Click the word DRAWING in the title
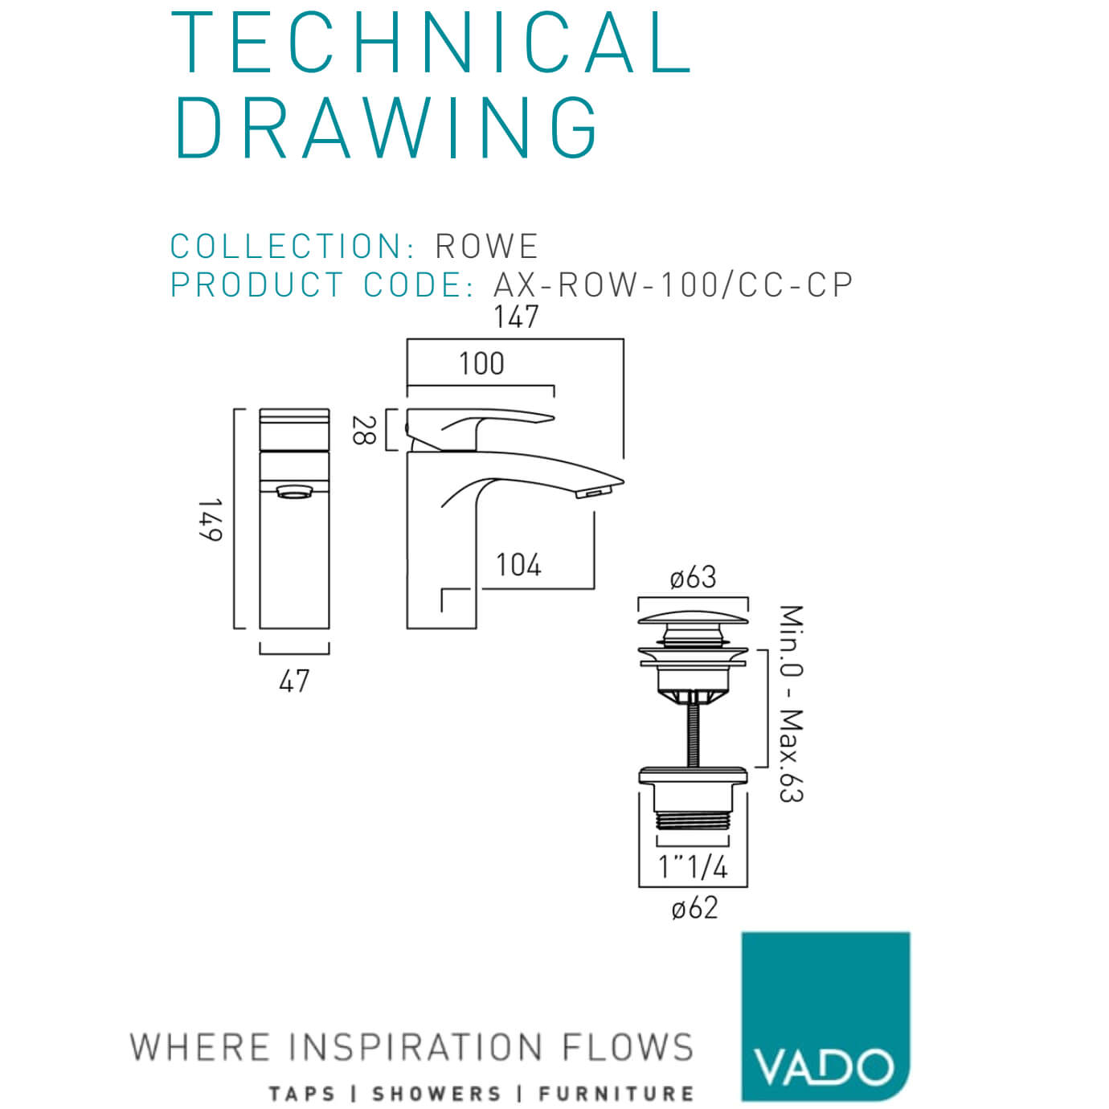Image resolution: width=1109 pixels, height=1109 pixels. point(387,127)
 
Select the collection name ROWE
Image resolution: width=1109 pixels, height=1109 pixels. point(486,247)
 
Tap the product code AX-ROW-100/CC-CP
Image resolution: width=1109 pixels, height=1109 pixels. point(673,285)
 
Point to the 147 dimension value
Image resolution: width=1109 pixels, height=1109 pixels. point(516,317)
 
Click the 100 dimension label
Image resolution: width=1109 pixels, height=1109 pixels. point(481,364)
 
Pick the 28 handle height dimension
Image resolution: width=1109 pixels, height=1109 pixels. point(363,430)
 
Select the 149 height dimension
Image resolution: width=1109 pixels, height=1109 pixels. point(211,519)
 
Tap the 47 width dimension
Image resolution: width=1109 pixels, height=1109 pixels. point(294,681)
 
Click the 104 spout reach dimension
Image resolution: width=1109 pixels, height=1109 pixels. point(518,565)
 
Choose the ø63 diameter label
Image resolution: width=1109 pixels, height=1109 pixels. point(693,577)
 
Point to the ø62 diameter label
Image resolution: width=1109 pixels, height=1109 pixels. point(694,908)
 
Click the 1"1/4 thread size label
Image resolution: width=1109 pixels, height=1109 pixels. point(693,867)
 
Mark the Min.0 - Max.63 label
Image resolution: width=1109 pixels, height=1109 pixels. point(791,703)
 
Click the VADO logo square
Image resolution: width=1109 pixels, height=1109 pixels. point(825,1016)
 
